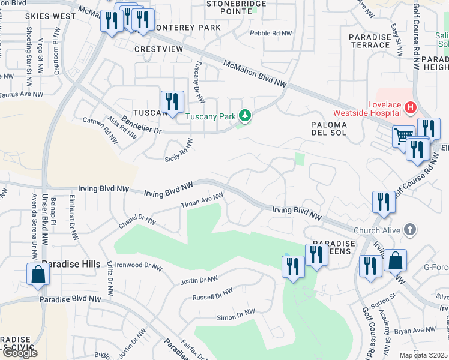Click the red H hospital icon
(411, 108)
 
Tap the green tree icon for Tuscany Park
(244, 115)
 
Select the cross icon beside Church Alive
(409, 230)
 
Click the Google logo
(19, 353)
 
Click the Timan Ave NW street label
(202, 201)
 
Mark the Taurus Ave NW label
(22, 94)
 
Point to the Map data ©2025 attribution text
(423, 355)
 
